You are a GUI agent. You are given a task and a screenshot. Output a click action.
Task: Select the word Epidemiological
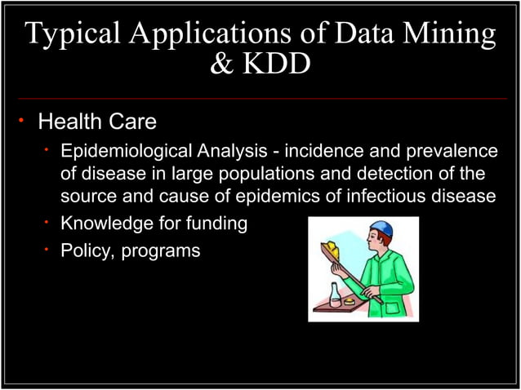point(127,151)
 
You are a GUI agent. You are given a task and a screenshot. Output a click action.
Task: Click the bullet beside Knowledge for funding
point(48,224)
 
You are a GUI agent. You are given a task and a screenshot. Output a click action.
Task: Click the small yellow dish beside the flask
point(350,302)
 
